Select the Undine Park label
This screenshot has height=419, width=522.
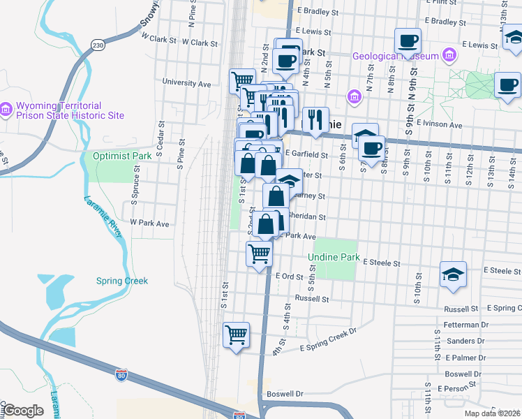(334, 258)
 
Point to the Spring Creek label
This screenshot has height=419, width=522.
(122, 281)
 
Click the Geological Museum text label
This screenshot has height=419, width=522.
(395, 56)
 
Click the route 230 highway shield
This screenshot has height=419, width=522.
(97, 45)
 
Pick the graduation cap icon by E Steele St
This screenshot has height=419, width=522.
(453, 274)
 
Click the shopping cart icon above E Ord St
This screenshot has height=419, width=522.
(260, 253)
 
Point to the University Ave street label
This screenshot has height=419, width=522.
(186, 83)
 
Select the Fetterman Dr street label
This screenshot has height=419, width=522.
(465, 325)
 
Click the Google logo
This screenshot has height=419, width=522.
(23, 411)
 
